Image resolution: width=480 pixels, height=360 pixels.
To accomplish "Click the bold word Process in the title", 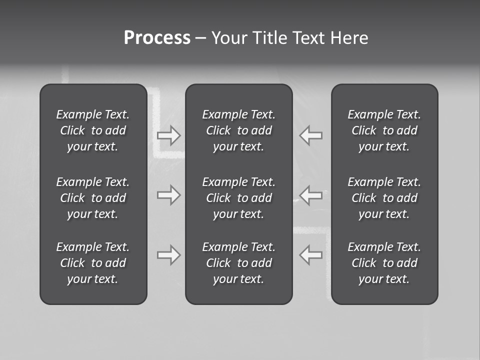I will (157, 38).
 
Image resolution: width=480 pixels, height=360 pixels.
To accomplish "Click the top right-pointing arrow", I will (169, 135).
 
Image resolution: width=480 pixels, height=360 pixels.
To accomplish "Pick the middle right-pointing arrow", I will (169, 195).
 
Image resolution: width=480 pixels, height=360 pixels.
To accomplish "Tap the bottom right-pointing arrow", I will (169, 255).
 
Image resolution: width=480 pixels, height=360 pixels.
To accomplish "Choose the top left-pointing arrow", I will (310, 135).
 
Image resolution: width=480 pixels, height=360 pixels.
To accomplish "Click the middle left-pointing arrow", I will (310, 195).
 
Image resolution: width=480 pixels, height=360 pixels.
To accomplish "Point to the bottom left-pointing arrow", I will (310, 255).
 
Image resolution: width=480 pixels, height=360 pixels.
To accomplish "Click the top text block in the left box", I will (93, 130).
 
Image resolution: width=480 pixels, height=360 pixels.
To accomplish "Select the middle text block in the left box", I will (93, 198).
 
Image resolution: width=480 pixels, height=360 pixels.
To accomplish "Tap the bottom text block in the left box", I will (93, 263).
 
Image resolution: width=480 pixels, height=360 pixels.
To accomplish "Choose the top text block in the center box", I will (239, 130).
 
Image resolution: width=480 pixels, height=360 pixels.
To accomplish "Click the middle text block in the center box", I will (239, 198).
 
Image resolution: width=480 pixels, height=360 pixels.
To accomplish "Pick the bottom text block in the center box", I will (239, 263).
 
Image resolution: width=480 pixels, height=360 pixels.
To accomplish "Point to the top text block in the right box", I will (384, 130).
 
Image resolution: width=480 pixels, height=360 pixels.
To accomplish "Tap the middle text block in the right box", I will (384, 198).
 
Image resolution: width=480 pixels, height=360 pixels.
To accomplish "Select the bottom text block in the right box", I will (384, 263).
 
